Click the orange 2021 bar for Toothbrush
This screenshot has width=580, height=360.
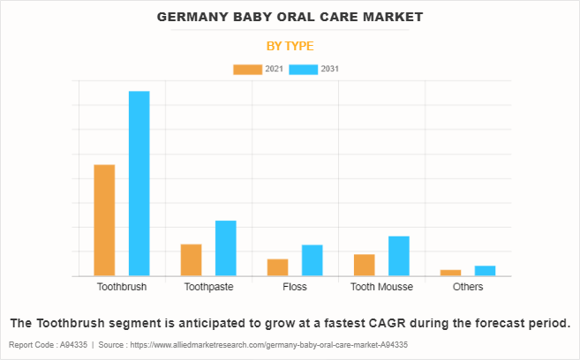click(x=104, y=220)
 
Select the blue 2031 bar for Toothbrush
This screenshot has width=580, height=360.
click(x=139, y=184)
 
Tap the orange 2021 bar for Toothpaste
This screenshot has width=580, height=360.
click(x=191, y=259)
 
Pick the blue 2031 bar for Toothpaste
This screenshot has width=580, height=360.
click(x=226, y=248)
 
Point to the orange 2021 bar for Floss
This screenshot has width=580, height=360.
click(x=277, y=267)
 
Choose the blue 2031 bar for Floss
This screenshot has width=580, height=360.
click(x=313, y=260)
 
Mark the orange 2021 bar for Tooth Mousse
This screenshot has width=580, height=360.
click(x=364, y=265)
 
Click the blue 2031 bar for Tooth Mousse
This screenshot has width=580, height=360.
click(x=399, y=256)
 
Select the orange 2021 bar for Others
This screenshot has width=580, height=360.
click(x=450, y=273)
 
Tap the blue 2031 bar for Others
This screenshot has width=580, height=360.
click(x=486, y=271)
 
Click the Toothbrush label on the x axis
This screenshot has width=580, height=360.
click(x=122, y=288)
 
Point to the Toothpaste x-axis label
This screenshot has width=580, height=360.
click(x=208, y=288)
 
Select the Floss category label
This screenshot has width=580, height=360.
click(x=295, y=288)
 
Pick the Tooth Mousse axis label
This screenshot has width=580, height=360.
click(x=381, y=288)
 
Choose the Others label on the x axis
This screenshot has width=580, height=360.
click(x=468, y=288)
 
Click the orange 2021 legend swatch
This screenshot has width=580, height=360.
click(x=247, y=69)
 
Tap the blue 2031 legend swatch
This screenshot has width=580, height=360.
click(x=303, y=69)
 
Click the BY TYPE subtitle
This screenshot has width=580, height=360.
click(x=290, y=46)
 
